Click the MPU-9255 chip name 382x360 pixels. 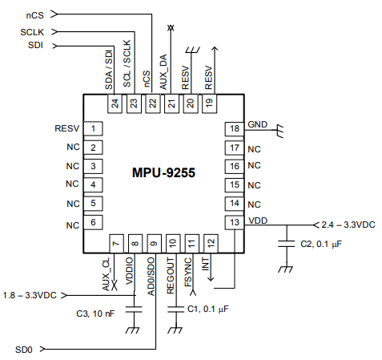[x=164, y=172]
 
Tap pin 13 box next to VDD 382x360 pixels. [x=234, y=222]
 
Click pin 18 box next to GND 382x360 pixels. [x=234, y=129]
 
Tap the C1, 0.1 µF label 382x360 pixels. [x=207, y=309]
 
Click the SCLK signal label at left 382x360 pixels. [x=33, y=32]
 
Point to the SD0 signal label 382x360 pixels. [x=25, y=350]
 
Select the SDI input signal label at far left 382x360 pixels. [x=34, y=45]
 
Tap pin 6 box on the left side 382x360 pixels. [x=94, y=222]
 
